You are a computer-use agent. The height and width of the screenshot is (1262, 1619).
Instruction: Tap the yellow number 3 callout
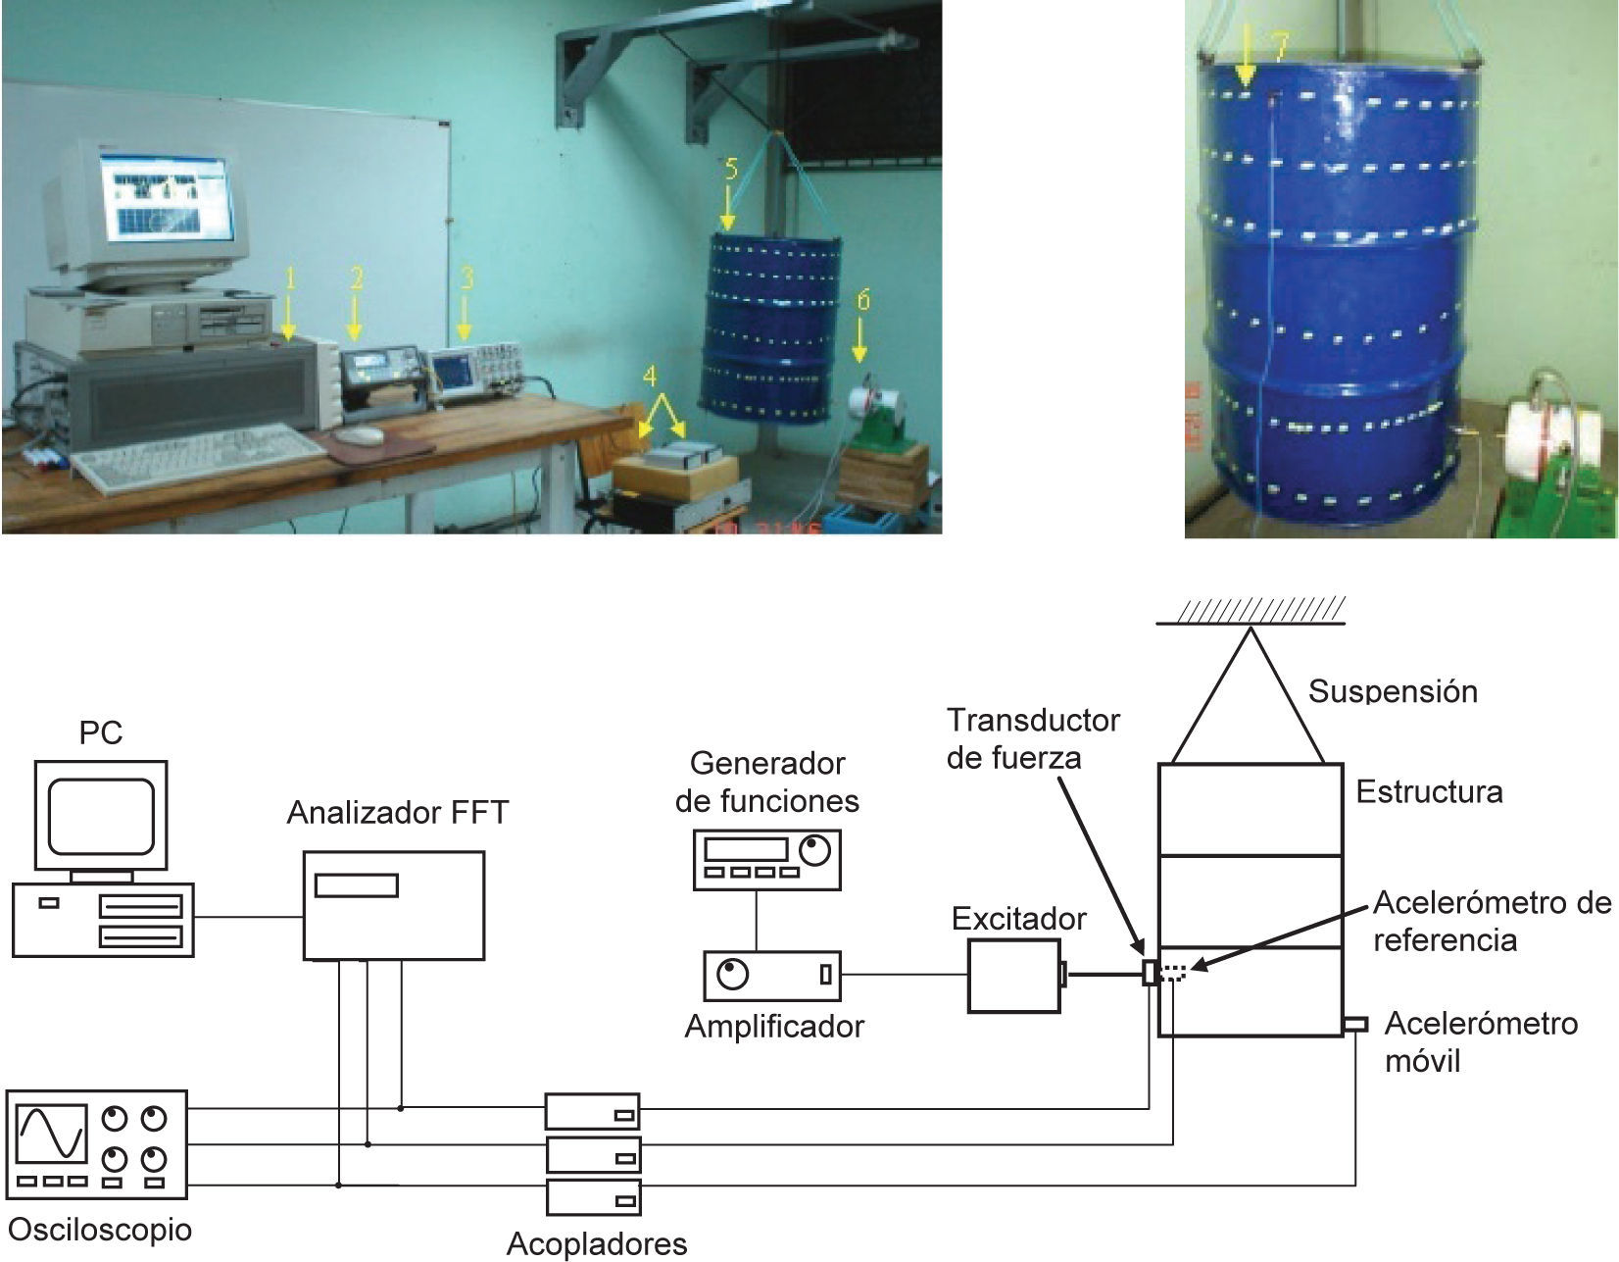467,278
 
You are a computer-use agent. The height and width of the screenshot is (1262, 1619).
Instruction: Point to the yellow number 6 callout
862,299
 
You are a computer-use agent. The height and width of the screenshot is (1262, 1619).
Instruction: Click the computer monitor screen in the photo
172,201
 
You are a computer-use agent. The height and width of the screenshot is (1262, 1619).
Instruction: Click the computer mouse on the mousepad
361,434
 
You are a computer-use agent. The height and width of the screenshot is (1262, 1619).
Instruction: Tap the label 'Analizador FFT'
398,813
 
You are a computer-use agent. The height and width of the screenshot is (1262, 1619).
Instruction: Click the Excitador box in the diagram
1013,975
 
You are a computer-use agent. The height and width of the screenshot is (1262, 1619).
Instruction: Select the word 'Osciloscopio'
99,1229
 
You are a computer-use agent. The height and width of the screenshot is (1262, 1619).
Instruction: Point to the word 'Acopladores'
597,1244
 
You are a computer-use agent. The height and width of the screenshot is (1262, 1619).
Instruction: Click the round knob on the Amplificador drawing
732,975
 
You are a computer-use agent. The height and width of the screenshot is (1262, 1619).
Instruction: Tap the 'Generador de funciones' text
767,782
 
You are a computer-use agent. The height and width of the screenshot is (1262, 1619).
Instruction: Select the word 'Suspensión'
1393,691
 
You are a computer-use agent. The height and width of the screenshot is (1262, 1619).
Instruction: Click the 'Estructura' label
1429,791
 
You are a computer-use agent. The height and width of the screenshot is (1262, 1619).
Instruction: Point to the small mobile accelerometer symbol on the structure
1354,1025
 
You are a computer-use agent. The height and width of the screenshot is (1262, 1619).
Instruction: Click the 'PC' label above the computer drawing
101,732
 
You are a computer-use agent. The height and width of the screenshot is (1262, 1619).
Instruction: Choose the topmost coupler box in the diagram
592,1112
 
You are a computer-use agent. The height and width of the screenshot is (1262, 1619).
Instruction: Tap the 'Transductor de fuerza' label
1032,738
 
